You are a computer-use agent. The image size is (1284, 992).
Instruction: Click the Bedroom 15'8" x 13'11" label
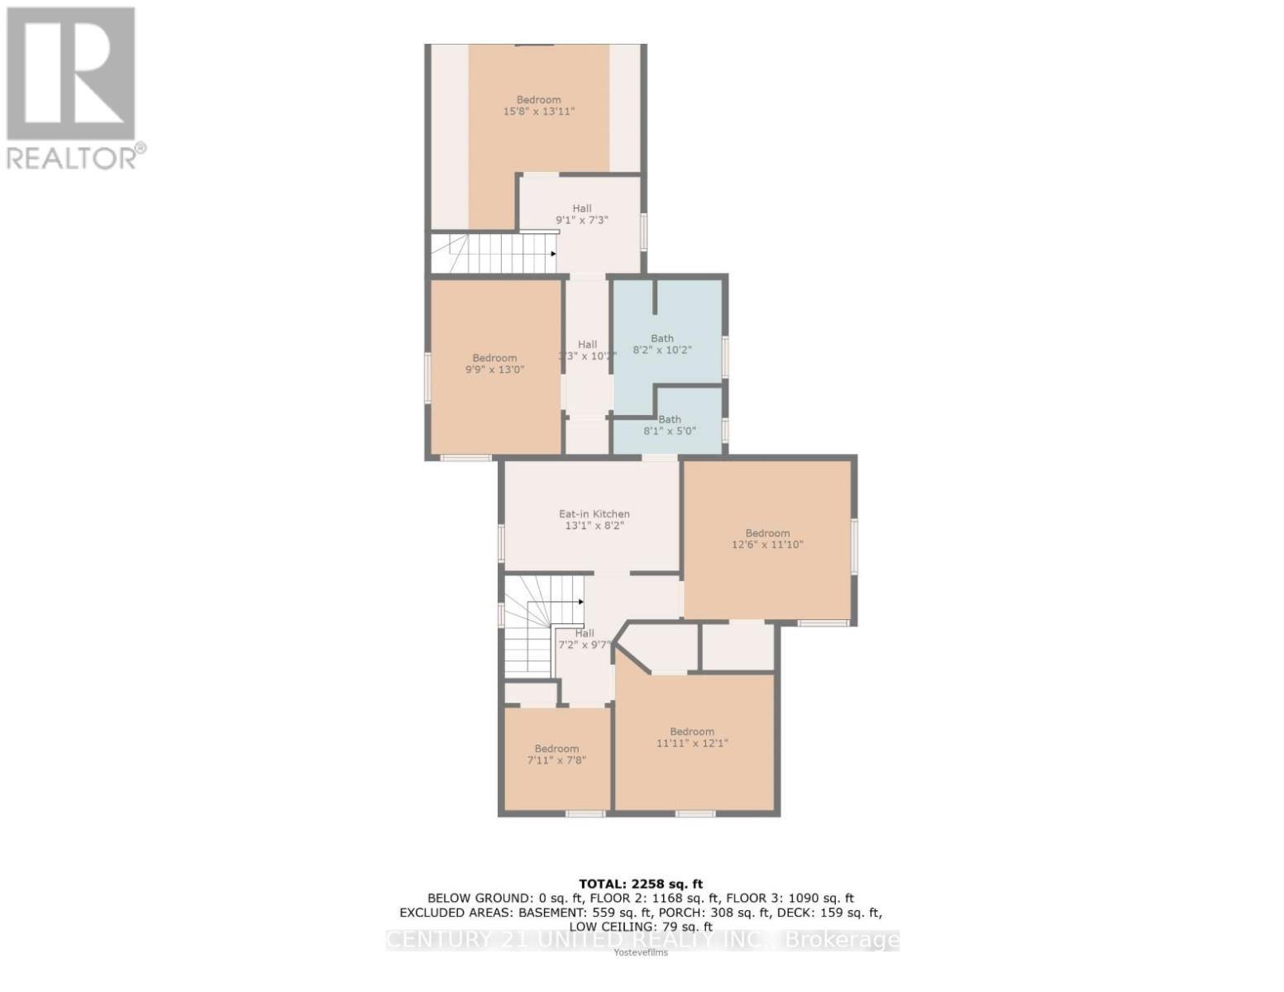[x=538, y=105]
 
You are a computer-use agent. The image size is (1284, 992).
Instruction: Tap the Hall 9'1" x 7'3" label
[x=582, y=214]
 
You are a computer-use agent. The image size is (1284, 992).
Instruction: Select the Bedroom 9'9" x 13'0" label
[x=494, y=364]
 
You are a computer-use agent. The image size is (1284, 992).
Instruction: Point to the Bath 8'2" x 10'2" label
[x=661, y=344]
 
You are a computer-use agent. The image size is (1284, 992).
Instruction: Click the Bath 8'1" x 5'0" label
[x=669, y=425]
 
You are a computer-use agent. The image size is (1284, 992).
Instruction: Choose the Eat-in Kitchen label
[x=594, y=519]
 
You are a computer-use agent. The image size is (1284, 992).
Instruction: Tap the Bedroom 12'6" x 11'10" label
[x=767, y=539]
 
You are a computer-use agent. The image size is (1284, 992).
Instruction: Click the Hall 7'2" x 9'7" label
[x=585, y=639]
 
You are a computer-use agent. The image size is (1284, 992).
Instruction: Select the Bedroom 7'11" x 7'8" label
[x=556, y=754]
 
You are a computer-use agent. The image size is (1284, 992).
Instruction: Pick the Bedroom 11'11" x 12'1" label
[x=692, y=737]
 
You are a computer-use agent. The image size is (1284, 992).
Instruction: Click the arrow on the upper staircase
[x=552, y=254]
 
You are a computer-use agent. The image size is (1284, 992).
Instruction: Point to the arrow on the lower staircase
[x=580, y=602]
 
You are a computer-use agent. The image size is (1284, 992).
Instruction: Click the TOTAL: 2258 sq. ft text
[x=642, y=884]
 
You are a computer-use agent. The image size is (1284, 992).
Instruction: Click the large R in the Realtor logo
[x=70, y=73]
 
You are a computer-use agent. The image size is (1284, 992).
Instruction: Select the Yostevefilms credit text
[x=641, y=952]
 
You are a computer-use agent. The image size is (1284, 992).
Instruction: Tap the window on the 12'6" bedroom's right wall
[x=854, y=546]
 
